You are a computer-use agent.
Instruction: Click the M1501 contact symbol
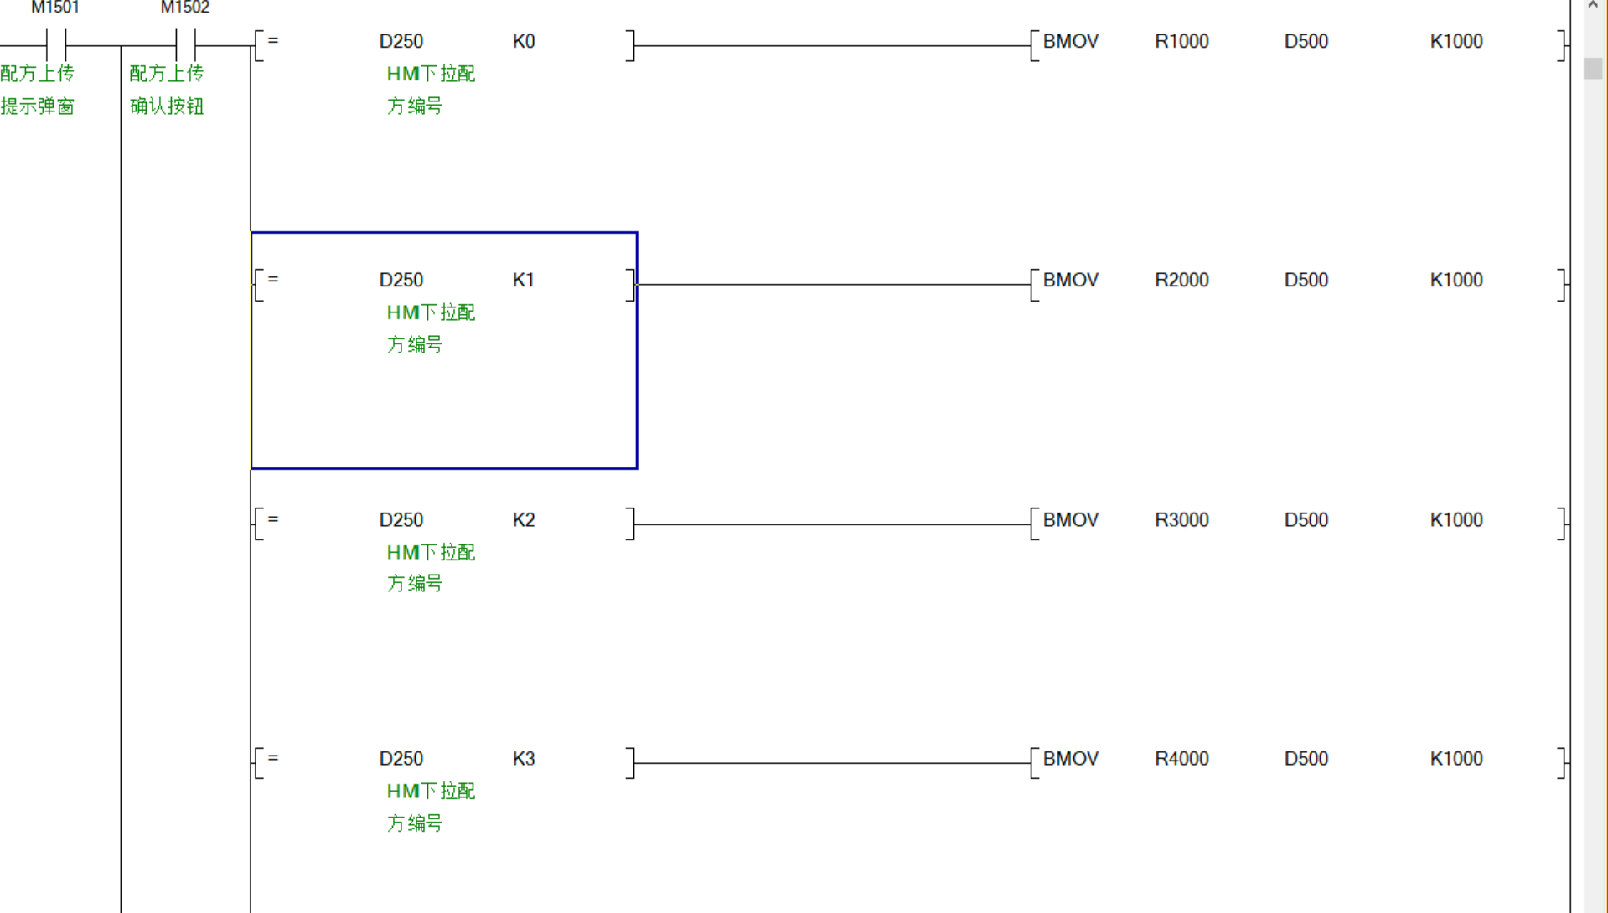point(56,44)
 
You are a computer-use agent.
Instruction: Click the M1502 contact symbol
point(185,44)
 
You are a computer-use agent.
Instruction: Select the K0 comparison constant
point(524,42)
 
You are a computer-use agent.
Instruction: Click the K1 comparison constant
point(524,281)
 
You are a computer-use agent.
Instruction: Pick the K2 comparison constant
point(524,520)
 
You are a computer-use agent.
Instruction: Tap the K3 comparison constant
point(524,759)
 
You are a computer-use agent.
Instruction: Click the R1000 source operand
point(1181,42)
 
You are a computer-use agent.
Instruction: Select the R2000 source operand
point(1181,281)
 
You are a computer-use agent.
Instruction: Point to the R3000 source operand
point(1181,520)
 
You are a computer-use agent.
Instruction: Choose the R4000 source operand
point(1181,759)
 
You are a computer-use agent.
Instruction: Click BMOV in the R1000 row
point(1070,42)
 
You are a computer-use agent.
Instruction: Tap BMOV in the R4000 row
point(1070,759)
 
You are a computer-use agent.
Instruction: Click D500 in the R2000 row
point(1306,281)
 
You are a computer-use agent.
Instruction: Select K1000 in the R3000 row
point(1456,520)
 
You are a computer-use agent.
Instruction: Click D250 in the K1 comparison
point(401,281)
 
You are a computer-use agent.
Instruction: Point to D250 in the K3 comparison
point(401,759)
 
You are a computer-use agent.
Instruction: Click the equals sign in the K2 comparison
point(273,519)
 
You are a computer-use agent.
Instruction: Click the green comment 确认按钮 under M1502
point(167,106)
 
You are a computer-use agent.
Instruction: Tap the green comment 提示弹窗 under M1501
point(38,106)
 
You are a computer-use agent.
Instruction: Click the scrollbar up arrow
point(1593,6)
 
